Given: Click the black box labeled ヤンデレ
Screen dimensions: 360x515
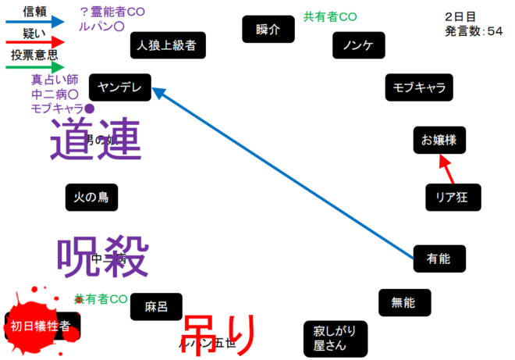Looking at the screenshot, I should click(119, 88).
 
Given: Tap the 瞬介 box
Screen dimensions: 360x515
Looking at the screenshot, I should click(268, 29).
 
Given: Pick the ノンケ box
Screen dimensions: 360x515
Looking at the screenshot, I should click(358, 45).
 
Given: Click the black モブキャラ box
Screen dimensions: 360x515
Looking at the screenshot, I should click(419, 87).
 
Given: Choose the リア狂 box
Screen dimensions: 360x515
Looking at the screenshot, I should click(453, 197).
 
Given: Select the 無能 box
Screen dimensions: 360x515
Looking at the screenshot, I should click(403, 301).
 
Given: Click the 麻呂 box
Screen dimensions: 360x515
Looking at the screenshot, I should click(156, 307).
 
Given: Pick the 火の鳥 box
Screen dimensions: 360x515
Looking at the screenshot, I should click(91, 198).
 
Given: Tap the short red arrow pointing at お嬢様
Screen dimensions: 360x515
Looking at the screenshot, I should click(446, 169).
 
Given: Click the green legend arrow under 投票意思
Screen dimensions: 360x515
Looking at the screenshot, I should click(34, 67).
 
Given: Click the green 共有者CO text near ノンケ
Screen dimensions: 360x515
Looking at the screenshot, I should click(330, 16).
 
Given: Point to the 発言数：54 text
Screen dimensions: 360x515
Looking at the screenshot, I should click(474, 32).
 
